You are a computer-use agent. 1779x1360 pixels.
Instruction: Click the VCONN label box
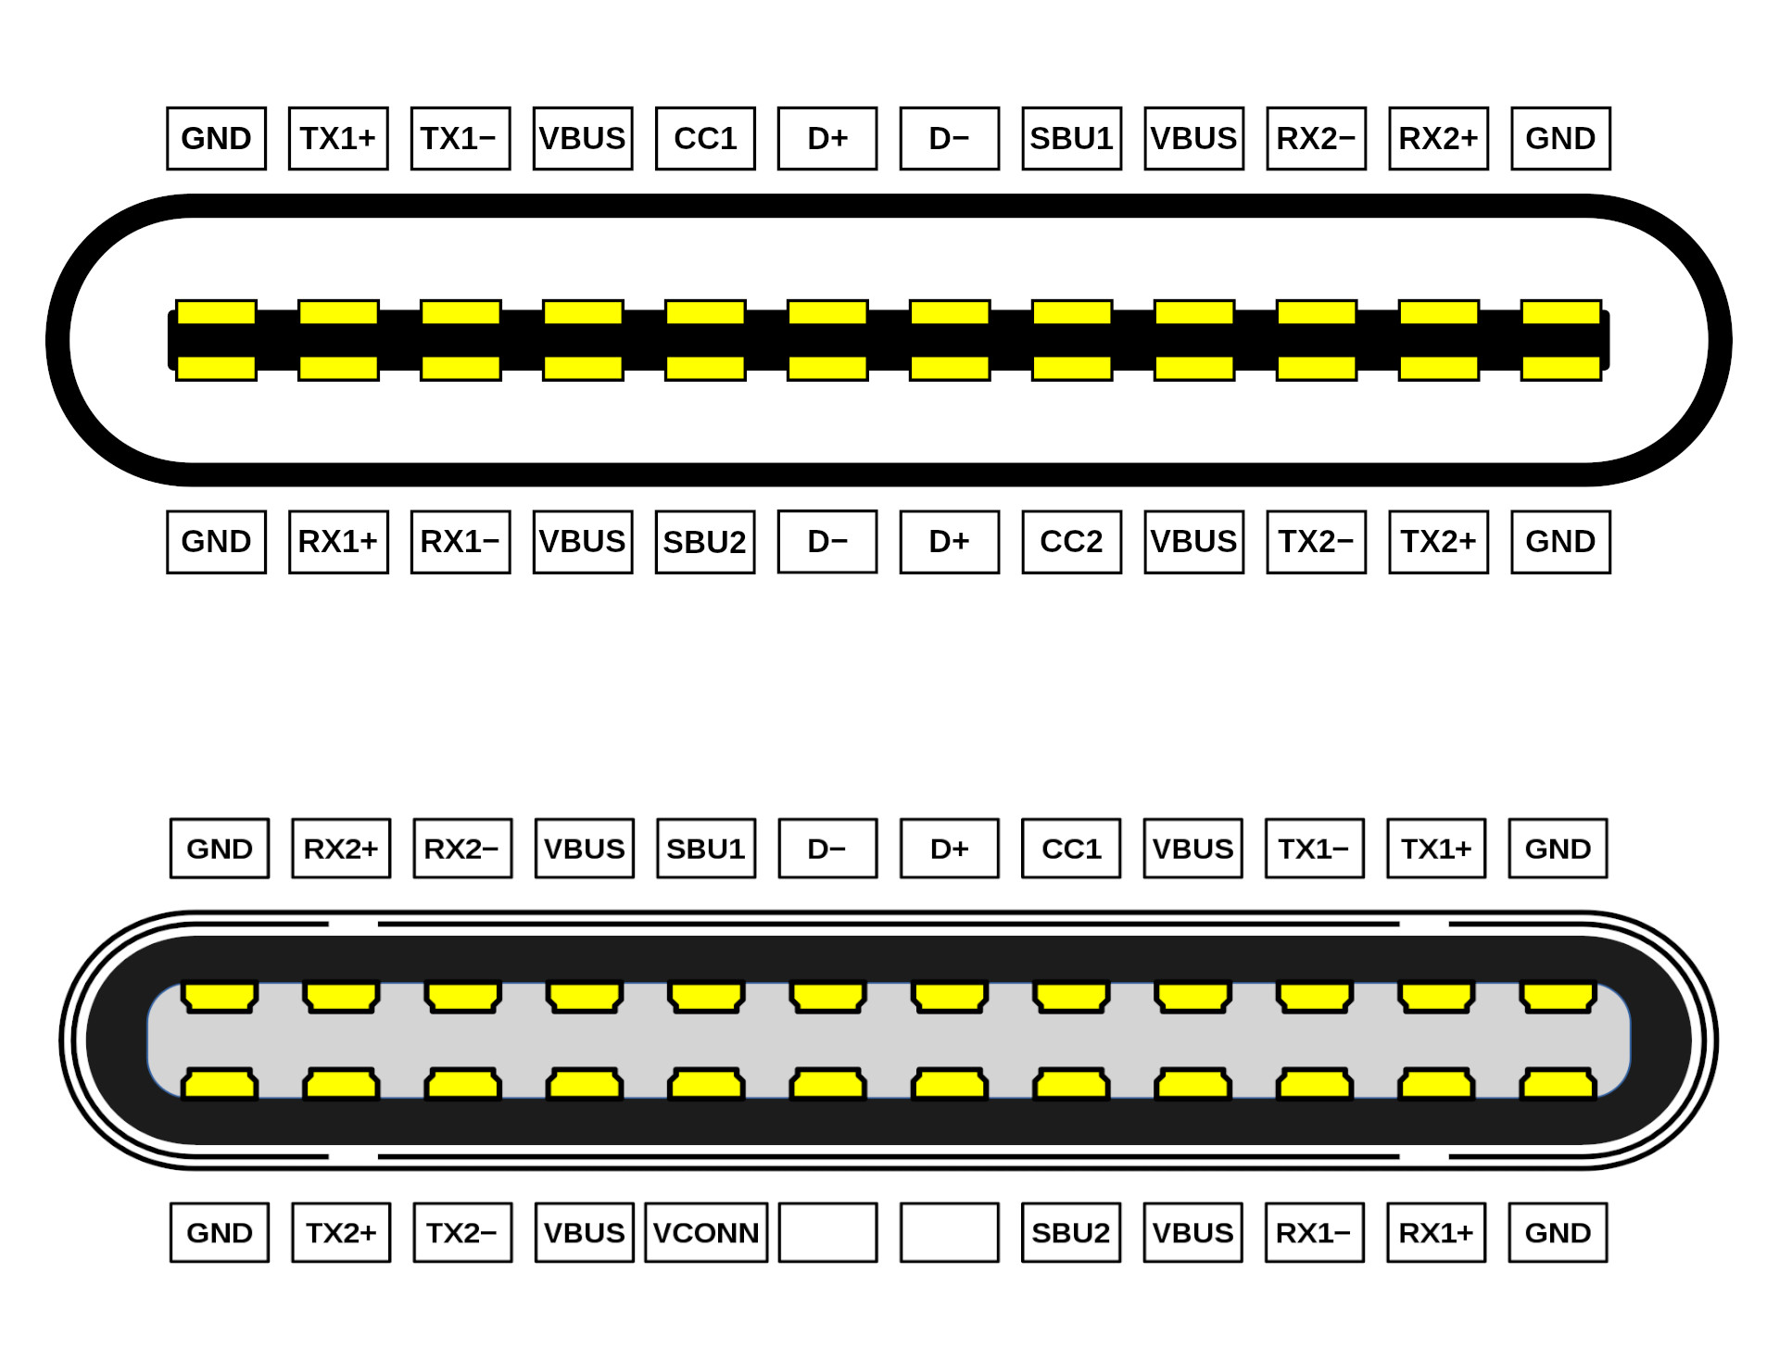706,1232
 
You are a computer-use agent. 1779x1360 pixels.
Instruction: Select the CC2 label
1071,542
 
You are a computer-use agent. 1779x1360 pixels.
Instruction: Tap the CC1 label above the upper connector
705,139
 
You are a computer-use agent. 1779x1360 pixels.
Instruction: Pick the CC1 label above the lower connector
1071,849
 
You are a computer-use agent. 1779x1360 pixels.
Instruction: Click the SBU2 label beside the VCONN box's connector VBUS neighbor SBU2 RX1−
1071,1232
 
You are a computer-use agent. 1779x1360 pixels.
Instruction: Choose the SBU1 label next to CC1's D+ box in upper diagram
1072,139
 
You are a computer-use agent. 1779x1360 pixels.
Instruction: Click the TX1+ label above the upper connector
338,139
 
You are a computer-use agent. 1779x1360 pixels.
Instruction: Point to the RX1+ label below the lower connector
1436,1232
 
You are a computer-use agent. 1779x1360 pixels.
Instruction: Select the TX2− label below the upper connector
1317,542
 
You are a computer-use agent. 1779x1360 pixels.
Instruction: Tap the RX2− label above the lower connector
462,849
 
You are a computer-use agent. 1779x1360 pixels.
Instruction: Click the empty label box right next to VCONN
827,1232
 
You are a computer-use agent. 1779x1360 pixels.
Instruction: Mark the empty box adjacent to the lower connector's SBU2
950,1232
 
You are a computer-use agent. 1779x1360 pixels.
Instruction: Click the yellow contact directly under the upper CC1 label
705,312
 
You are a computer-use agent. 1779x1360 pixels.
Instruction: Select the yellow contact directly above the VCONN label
706,1084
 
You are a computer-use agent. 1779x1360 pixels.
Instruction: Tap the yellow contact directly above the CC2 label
1072,368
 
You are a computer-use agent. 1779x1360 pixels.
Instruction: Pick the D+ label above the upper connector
827,139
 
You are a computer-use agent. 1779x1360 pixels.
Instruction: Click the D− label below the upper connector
827,542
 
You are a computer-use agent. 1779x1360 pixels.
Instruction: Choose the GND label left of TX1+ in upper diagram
216,139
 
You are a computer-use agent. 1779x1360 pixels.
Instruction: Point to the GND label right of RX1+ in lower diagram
1558,1232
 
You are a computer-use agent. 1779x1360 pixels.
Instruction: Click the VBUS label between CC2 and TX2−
1194,542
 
